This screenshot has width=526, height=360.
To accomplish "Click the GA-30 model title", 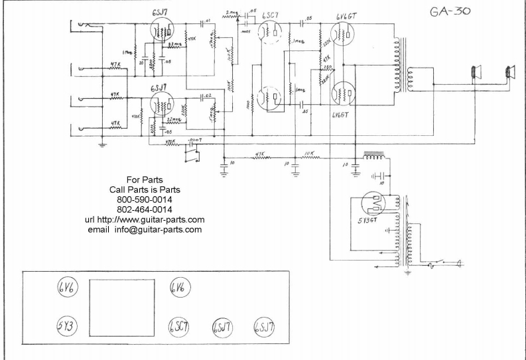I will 442,13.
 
